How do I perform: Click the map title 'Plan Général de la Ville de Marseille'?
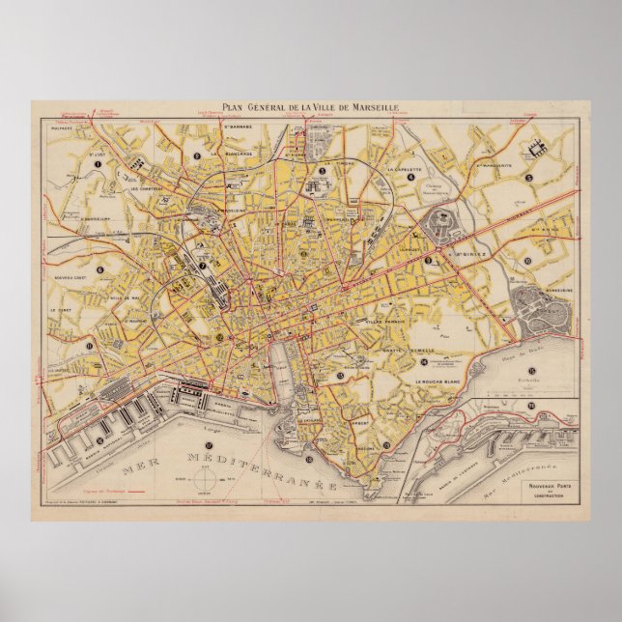[311, 109]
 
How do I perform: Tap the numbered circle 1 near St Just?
[97, 165]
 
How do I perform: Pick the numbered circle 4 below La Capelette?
[410, 178]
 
